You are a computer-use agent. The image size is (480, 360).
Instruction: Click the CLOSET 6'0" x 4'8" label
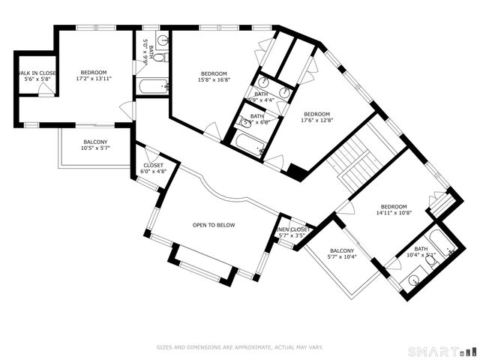[x=152, y=168]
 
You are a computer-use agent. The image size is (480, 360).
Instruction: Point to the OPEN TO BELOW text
[x=214, y=225]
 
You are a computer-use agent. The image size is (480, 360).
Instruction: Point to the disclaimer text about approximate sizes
[x=239, y=347]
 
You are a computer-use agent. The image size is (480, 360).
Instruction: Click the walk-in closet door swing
[x=47, y=89]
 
